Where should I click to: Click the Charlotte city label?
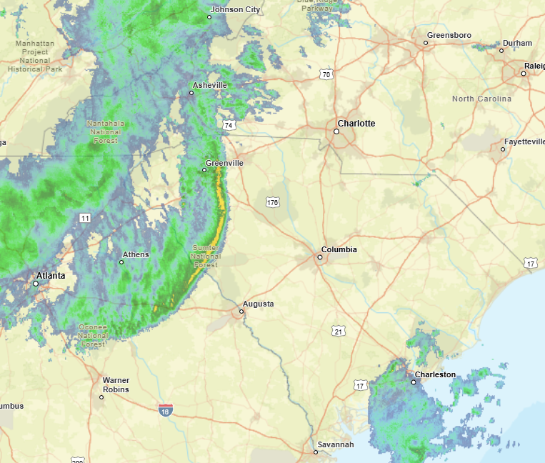click(x=356, y=124)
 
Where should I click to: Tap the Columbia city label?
click(x=339, y=249)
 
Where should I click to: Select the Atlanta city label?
click(x=51, y=275)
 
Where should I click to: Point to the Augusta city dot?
click(x=242, y=311)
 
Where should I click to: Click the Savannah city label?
click(x=336, y=444)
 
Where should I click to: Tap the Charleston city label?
click(x=435, y=374)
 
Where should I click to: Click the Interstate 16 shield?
click(x=166, y=410)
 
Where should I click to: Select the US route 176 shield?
click(x=272, y=202)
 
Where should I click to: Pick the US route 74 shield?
click(x=229, y=125)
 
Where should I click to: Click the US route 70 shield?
click(x=326, y=74)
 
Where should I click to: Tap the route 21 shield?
click(x=339, y=331)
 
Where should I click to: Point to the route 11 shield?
click(x=86, y=217)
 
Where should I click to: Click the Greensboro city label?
click(x=449, y=35)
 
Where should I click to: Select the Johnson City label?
click(x=235, y=9)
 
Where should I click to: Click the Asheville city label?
click(x=210, y=85)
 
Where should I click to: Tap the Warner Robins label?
click(x=116, y=384)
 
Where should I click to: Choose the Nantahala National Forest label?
click(x=105, y=131)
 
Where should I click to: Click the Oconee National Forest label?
click(x=93, y=335)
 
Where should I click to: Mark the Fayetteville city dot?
click(x=503, y=149)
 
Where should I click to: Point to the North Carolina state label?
click(x=481, y=99)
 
